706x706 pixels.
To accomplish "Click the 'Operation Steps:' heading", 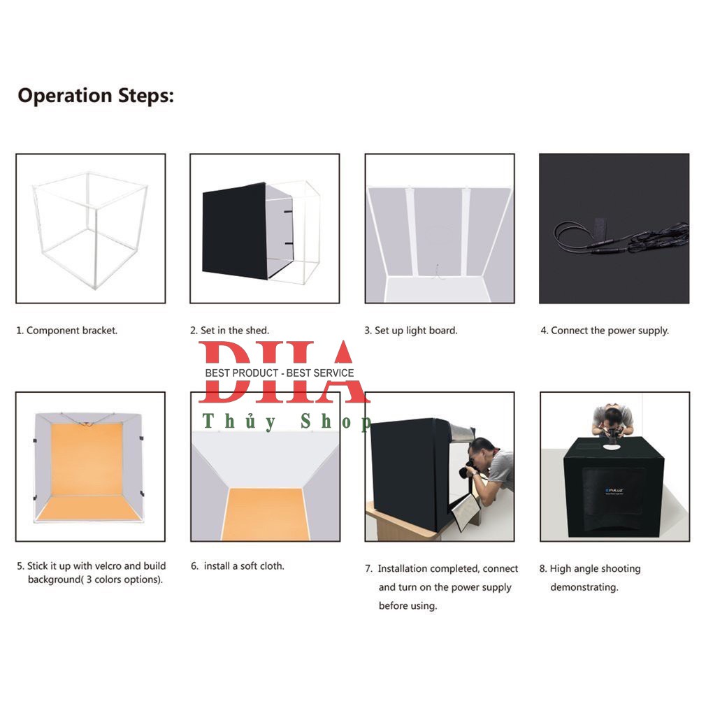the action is (x=96, y=96).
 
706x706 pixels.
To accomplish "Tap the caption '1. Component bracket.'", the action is (x=66, y=331).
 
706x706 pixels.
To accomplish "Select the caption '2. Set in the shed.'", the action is (x=229, y=331).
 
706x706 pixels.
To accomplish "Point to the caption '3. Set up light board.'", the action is (x=410, y=331).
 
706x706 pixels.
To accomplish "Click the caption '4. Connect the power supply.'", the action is (x=605, y=331).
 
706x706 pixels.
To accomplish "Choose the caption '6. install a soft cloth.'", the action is (x=237, y=566).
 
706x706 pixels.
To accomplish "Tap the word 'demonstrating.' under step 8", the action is (x=584, y=587).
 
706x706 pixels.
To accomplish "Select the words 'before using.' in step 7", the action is (x=408, y=605).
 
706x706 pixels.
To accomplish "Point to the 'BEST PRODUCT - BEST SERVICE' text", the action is (x=279, y=373).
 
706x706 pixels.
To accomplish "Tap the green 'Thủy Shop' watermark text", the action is (x=287, y=422).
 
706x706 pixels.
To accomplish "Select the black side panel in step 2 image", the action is (x=234, y=230).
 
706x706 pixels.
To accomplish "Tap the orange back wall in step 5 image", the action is (x=87, y=459).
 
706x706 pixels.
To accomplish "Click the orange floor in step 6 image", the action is (x=266, y=514).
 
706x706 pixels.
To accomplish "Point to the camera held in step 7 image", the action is (x=467, y=469).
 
